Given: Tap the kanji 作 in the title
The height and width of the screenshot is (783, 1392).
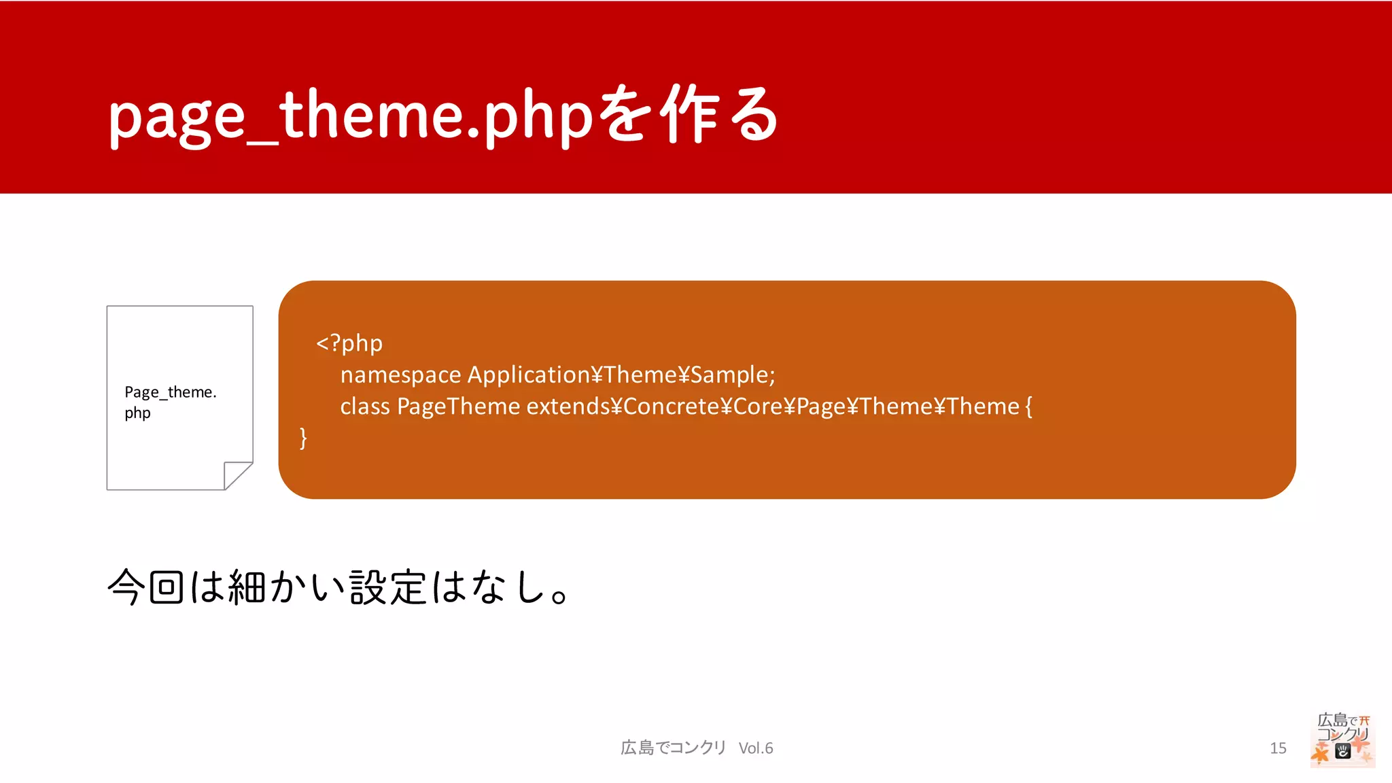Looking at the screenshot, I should coord(689,114).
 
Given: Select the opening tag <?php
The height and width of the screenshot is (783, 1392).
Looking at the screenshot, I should coord(349,343).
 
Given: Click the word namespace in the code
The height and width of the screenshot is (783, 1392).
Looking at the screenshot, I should coord(400,375).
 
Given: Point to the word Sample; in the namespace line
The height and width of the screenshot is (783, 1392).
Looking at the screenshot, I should coord(733,375).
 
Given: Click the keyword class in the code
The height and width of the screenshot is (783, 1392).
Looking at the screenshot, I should coord(365,406).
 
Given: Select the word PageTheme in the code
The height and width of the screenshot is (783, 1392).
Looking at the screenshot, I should coord(458,406).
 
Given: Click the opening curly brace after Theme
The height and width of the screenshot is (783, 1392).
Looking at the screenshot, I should coord(1028,406).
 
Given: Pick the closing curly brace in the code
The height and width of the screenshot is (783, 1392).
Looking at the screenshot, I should coord(303,438).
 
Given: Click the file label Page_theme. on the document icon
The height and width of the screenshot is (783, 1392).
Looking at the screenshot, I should coord(171,392).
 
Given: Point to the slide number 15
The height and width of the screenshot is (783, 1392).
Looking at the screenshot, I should coord(1278,748).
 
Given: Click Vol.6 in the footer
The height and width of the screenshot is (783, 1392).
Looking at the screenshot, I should coord(756,748).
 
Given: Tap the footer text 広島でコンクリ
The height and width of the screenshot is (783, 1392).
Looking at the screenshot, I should coord(673,748).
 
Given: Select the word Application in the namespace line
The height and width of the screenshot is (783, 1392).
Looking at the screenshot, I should coord(529,375).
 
